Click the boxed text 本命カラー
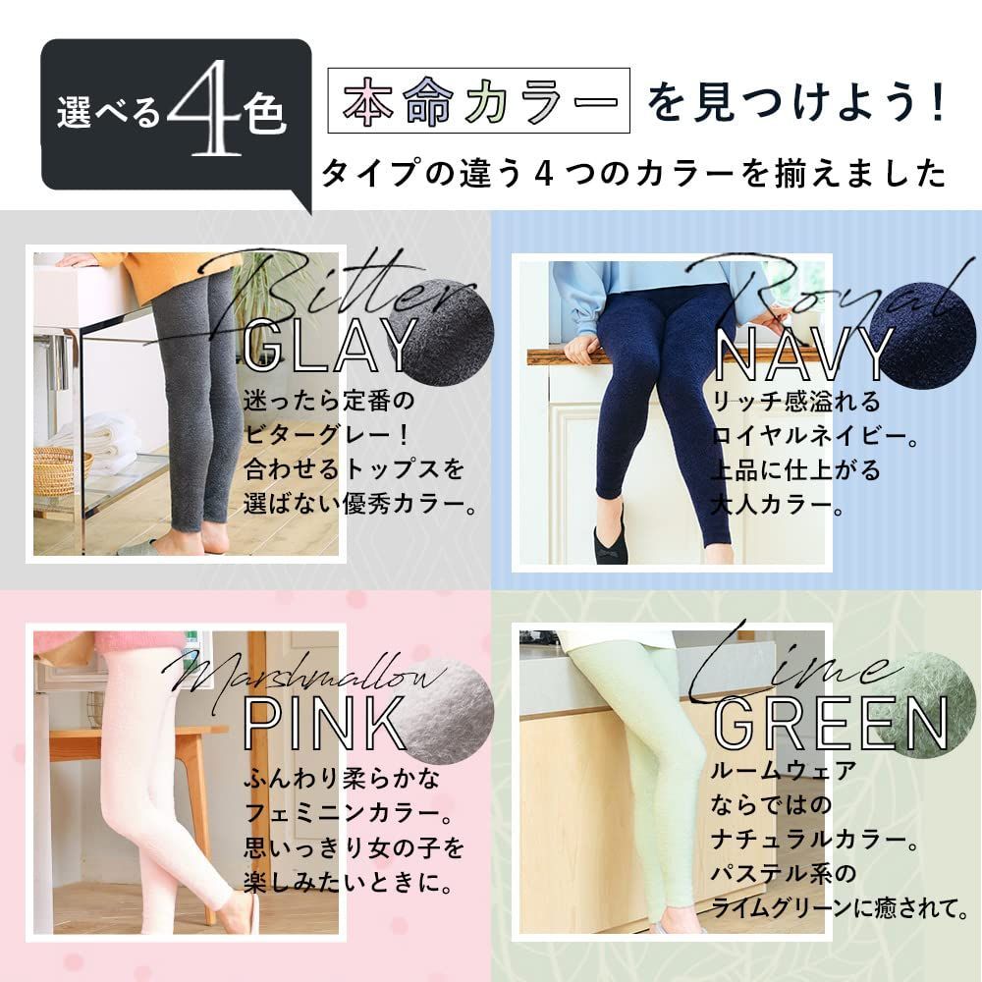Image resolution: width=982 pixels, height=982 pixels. pos(477,102)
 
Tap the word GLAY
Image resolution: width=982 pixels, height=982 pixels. pos(329,344)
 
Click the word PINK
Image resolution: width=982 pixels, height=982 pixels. pos(324,724)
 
